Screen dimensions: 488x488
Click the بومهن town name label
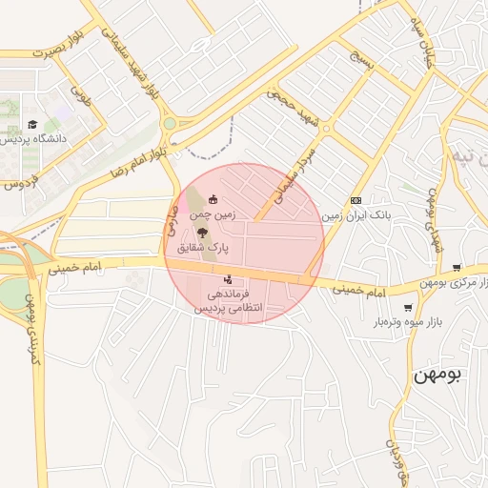pyautogui.click(x=437, y=375)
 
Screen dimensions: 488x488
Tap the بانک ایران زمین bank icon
pyautogui.click(x=356, y=200)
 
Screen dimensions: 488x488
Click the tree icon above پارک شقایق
pyautogui.click(x=201, y=233)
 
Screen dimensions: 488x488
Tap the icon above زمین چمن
pyautogui.click(x=212, y=200)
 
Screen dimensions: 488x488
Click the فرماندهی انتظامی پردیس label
pyautogui.click(x=228, y=302)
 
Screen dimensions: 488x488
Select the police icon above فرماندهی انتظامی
pyautogui.click(x=227, y=280)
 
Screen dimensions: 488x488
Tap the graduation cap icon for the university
pyautogui.click(x=32, y=124)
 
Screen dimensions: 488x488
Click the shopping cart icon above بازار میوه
pyautogui.click(x=409, y=308)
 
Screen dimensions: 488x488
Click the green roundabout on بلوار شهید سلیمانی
pyautogui.click(x=170, y=123)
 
